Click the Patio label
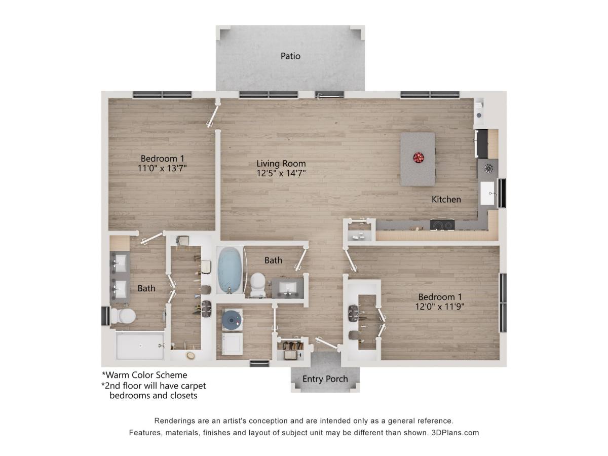pyautogui.click(x=290, y=56)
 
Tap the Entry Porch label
pyautogui.click(x=325, y=378)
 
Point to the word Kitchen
pyautogui.click(x=446, y=199)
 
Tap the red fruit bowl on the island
pyautogui.click(x=419, y=158)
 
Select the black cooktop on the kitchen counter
pyautogui.click(x=442, y=224)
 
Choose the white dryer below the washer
pyautogui.click(x=233, y=345)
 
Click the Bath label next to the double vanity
pyautogui.click(x=146, y=288)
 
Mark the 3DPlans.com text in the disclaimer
pyautogui.click(x=454, y=433)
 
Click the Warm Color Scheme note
pyautogui.click(x=145, y=375)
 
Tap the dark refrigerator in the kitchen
pyautogui.click(x=481, y=143)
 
